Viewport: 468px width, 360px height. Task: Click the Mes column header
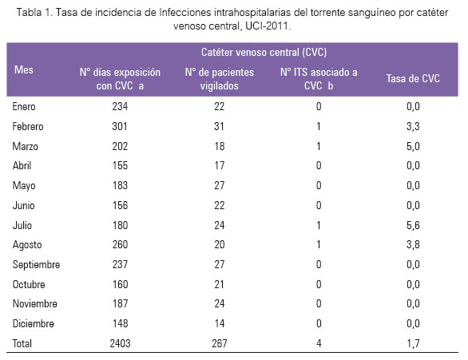[x=24, y=69]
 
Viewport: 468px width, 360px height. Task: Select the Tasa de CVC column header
[x=413, y=78]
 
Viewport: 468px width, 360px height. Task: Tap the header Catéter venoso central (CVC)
[x=264, y=52]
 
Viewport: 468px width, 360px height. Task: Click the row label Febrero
[x=28, y=126]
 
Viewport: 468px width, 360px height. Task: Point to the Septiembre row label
[x=36, y=264]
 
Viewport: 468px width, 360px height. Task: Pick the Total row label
[x=22, y=343]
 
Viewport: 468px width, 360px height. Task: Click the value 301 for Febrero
[x=120, y=126]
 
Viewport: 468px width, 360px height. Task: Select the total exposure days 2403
[x=120, y=343]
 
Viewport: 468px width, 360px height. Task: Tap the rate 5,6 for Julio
[x=413, y=225]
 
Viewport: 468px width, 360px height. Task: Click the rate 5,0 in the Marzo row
[x=413, y=146]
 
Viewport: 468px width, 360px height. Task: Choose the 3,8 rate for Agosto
[x=413, y=244]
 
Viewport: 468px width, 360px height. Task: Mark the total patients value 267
[x=220, y=343]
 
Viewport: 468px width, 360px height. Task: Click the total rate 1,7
[x=413, y=343]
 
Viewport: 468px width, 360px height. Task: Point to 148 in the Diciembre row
[x=120, y=323]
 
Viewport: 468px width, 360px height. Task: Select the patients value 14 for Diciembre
[x=220, y=323]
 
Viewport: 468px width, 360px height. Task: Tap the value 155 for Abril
[x=120, y=165]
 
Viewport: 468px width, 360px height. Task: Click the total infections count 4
[x=319, y=343]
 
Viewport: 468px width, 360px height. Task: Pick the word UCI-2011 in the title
[x=267, y=26]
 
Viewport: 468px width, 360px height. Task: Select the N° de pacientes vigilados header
[x=220, y=79]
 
